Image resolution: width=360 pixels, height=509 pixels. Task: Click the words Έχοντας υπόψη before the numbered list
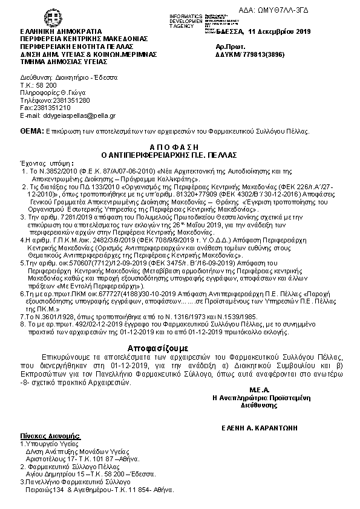(x=47, y=163)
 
